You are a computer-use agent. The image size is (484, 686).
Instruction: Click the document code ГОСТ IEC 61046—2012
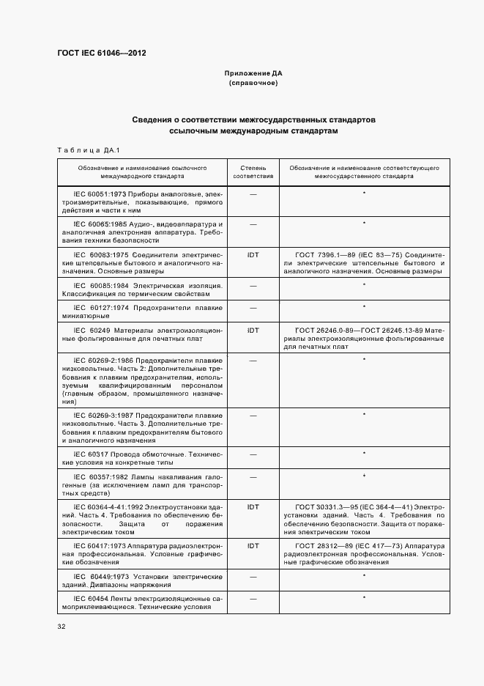click(x=102, y=54)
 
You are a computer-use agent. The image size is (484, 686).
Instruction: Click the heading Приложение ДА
click(x=253, y=74)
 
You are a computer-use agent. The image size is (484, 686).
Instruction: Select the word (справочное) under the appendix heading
click(x=253, y=84)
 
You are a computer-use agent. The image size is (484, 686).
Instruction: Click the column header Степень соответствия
click(x=253, y=172)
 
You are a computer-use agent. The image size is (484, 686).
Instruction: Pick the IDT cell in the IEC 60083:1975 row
click(x=253, y=254)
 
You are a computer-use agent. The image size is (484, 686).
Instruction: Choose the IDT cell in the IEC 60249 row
click(x=253, y=330)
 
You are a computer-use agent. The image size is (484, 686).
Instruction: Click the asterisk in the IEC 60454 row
click(x=364, y=598)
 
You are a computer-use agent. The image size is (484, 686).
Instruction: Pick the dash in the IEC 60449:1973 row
click(x=253, y=576)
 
